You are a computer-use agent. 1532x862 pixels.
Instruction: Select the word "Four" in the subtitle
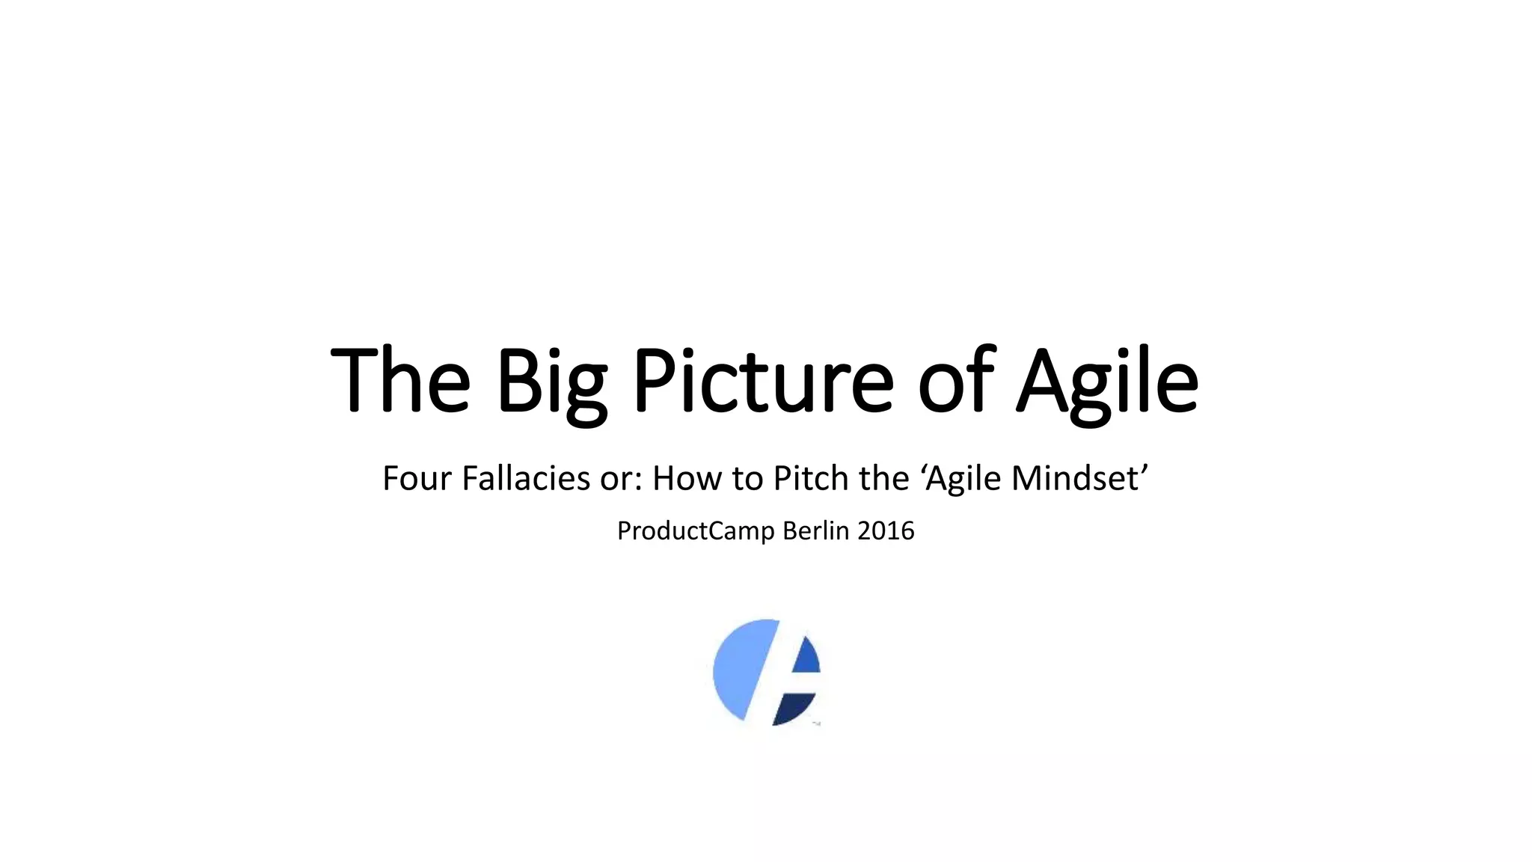[417, 478]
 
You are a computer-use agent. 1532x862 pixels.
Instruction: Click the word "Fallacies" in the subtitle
[526, 478]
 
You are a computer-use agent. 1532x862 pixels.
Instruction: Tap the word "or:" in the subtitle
[621, 480]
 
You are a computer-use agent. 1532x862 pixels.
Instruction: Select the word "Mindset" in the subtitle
[1075, 478]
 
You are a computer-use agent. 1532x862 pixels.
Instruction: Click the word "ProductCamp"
[696, 531]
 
